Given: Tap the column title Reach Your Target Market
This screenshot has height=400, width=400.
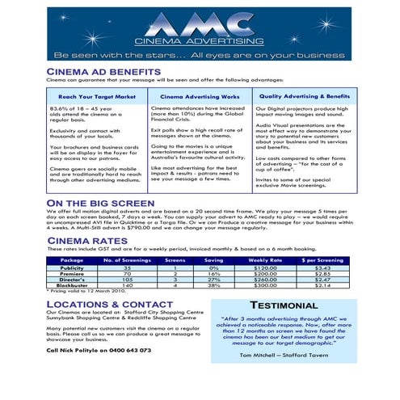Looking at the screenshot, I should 96,96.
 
